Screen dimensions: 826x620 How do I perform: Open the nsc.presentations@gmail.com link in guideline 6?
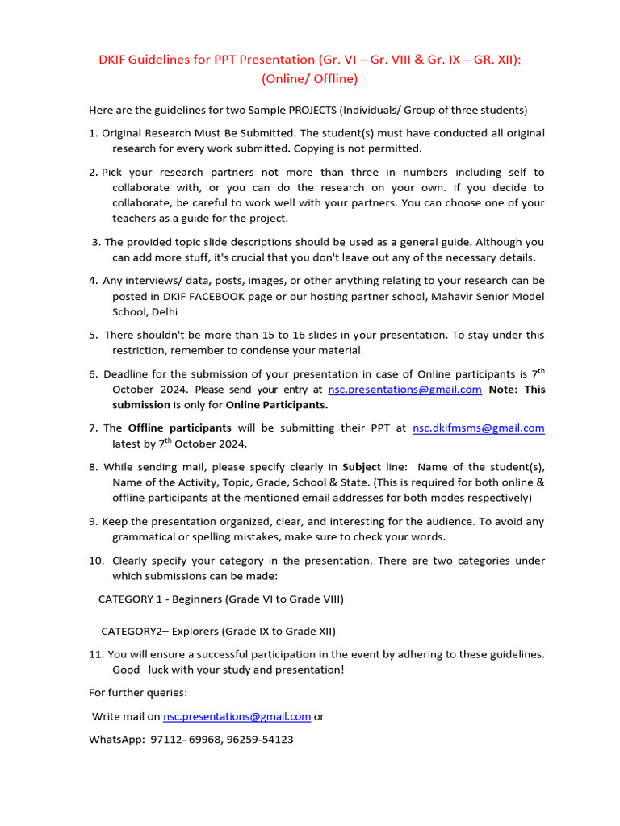pyautogui.click(x=404, y=389)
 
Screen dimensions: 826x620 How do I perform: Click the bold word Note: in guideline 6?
pyautogui.click(x=505, y=389)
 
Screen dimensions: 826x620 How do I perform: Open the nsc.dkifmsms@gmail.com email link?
pyautogui.click(x=478, y=428)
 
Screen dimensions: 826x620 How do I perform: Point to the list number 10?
pyautogui.click(x=95, y=561)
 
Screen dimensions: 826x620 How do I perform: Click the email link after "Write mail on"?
pyautogui.click(x=237, y=716)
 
